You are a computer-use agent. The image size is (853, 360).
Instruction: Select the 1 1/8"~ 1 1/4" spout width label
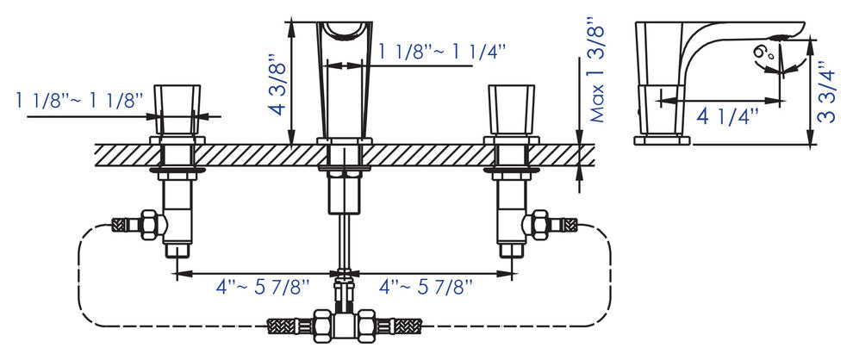[442, 53]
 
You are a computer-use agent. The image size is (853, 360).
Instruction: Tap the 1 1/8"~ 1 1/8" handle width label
[79, 101]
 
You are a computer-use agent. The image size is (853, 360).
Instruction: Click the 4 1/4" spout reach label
[727, 117]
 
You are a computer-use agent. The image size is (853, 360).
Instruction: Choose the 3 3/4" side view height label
[827, 92]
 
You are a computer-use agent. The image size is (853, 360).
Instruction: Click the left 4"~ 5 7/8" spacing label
[263, 287]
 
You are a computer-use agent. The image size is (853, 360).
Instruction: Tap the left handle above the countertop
[177, 109]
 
